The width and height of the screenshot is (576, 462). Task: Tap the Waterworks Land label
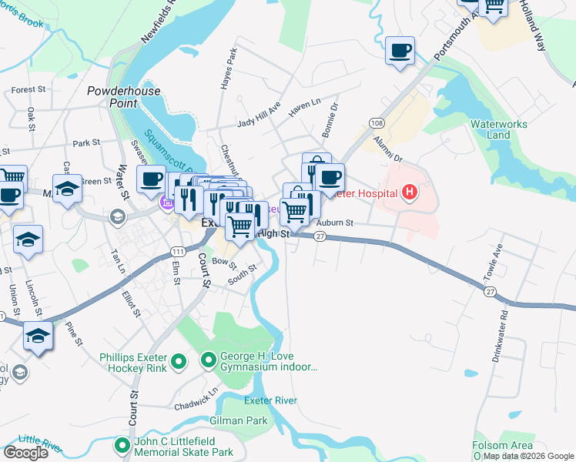491,129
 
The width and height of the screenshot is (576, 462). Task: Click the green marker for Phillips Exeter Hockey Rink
179,360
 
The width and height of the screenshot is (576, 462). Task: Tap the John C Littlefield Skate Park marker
122,444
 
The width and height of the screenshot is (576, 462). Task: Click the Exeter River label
270,400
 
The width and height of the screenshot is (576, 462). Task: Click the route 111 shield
178,252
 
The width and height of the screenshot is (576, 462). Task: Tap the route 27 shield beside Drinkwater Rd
490,291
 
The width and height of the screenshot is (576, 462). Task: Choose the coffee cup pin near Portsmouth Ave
400,51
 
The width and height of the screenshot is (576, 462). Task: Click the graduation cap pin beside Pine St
38,336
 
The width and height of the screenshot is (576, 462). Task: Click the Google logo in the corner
25,453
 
